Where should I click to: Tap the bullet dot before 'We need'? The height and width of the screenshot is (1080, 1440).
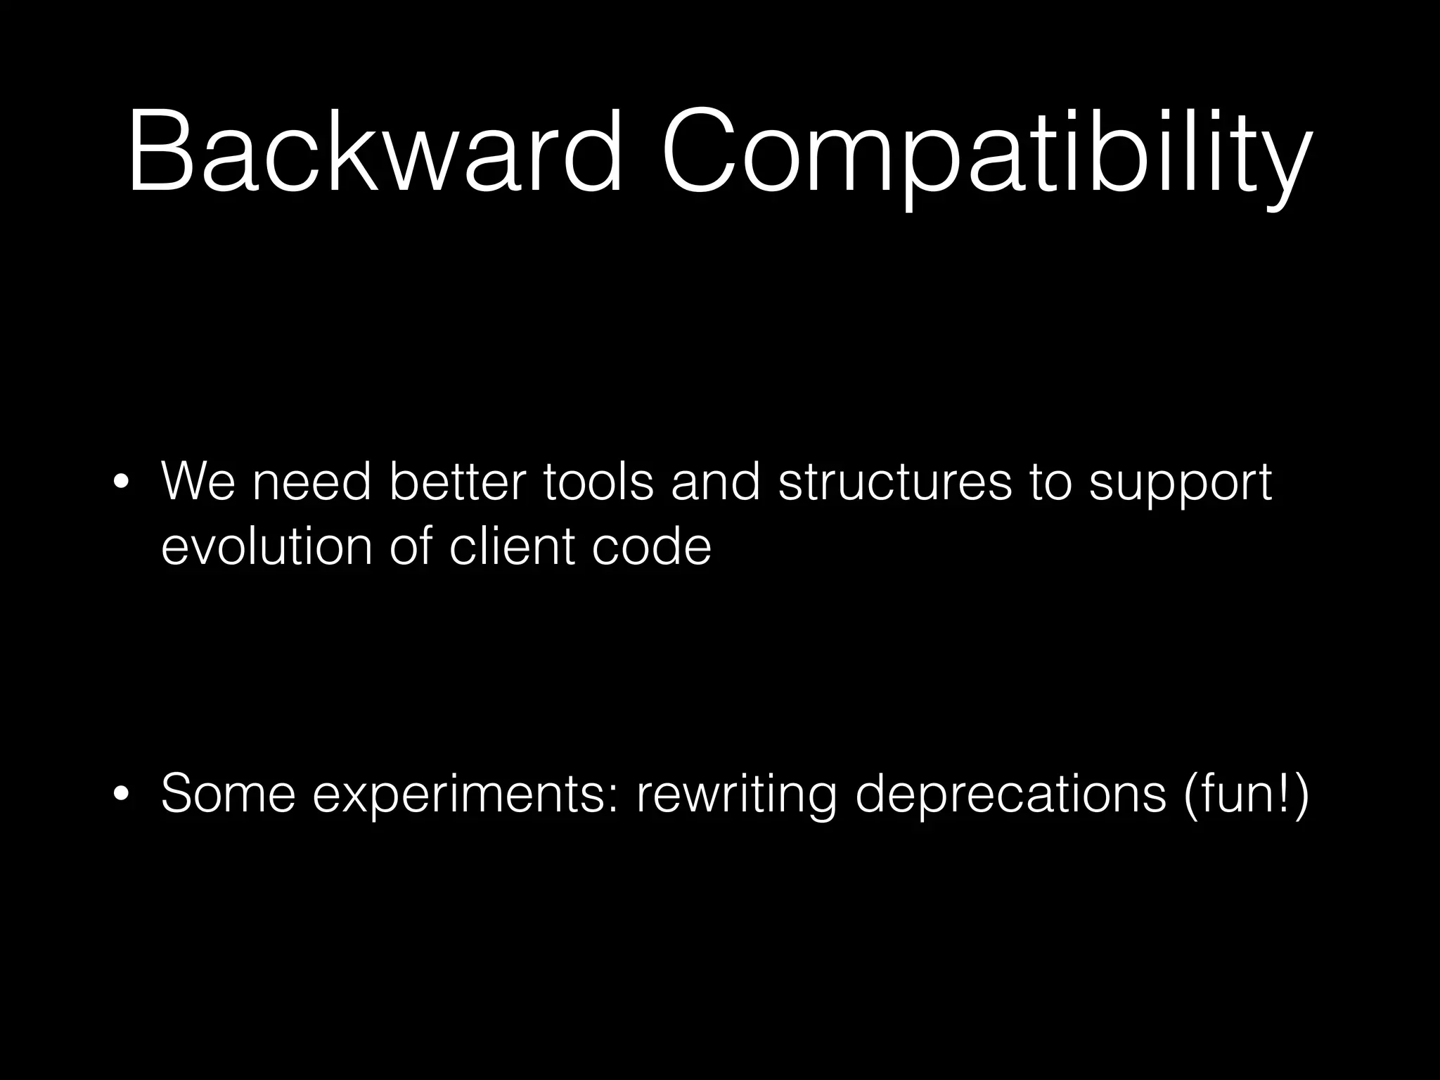[121, 483]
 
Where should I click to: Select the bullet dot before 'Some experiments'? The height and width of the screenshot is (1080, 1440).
[121, 795]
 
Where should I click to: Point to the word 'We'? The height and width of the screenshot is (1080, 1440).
[198, 482]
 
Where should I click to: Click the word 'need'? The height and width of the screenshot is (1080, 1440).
[311, 482]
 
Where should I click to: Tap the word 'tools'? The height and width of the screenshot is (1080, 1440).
[598, 482]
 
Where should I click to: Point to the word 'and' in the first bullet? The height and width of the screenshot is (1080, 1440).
[716, 482]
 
